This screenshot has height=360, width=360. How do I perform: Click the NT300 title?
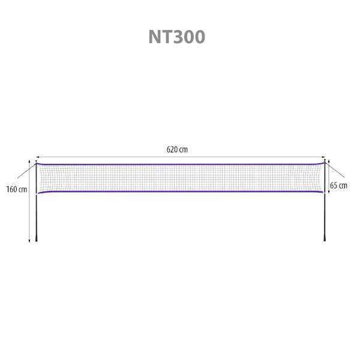point(177,37)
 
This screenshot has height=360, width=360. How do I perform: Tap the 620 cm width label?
point(177,149)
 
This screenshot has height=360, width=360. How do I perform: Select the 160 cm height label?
point(17,190)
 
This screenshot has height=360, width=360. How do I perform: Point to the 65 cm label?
point(338,185)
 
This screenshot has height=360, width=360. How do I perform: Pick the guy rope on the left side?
point(26,171)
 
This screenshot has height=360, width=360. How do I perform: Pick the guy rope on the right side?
point(335,170)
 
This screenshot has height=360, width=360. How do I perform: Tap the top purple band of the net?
point(180,164)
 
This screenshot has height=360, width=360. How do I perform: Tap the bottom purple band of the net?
point(181,191)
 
